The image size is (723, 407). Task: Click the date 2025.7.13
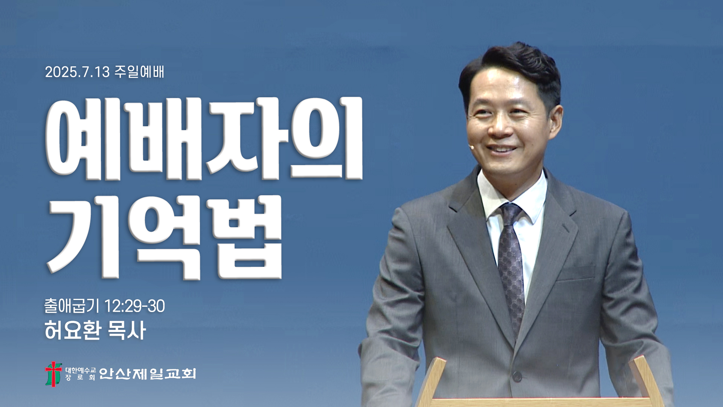(77, 72)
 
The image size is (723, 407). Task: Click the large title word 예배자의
(204, 138)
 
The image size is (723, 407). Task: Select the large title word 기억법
(164, 237)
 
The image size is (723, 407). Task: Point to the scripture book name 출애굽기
(72, 306)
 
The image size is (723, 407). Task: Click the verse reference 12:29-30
(134, 306)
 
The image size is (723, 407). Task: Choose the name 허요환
(73, 330)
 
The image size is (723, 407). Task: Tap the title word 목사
(127, 330)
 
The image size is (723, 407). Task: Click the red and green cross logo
(53, 374)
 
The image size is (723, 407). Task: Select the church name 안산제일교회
(148, 373)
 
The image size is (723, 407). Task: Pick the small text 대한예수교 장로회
(81, 374)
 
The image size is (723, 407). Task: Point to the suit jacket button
(517, 376)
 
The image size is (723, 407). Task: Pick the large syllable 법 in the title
(247, 237)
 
